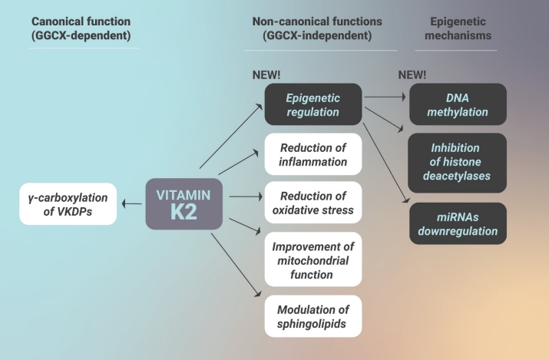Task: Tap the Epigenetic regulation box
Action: tap(313, 105)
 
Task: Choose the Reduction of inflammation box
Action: tap(313, 154)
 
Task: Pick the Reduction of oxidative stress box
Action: tap(313, 203)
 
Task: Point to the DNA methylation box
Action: tap(458, 105)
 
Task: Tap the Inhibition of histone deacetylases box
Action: tap(458, 162)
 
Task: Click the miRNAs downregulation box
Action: tap(458, 223)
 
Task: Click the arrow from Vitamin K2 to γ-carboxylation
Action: tap(131, 203)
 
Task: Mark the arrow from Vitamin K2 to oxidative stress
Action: tap(246, 197)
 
